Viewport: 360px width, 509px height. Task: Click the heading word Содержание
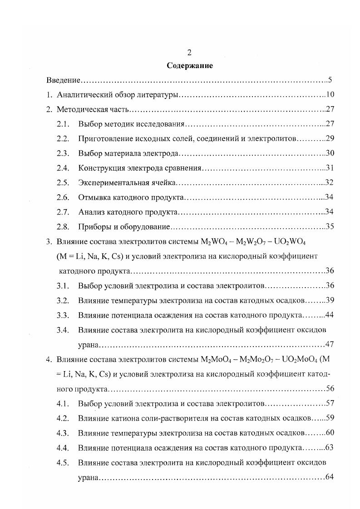point(190,66)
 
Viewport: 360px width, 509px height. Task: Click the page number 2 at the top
point(190,53)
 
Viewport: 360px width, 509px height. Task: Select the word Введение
point(64,80)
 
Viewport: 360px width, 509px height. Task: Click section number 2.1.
point(63,124)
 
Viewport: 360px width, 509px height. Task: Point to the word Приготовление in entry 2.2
point(103,139)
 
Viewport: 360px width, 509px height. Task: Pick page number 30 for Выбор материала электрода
point(330,153)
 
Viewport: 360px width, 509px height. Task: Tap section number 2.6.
point(63,197)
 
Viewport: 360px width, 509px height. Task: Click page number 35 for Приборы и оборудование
point(330,227)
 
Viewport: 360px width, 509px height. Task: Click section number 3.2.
point(63,300)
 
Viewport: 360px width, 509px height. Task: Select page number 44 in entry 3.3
point(330,315)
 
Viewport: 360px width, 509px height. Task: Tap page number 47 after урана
point(330,344)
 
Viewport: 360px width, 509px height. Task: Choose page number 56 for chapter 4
point(330,388)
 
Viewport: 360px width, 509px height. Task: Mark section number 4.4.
point(63,447)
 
